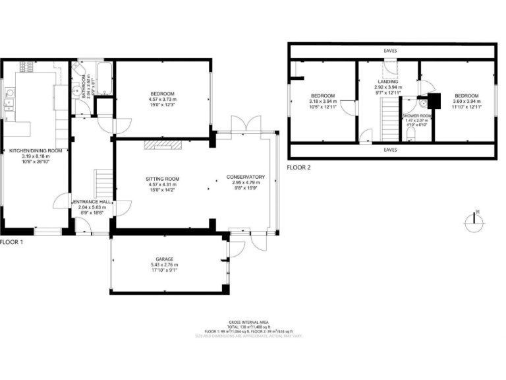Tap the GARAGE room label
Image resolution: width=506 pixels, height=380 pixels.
click(164, 259)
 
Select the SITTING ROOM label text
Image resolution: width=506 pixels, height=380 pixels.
click(163, 179)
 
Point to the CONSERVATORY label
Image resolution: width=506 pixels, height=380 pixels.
click(246, 177)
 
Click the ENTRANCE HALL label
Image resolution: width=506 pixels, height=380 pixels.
click(92, 201)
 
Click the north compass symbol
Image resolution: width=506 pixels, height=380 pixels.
click(474, 222)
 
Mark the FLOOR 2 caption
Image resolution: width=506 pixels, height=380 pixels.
click(298, 168)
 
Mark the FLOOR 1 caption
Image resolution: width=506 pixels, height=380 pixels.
click(11, 242)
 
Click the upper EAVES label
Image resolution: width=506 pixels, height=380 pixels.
click(392, 50)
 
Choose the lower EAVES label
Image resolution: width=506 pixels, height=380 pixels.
click(392, 150)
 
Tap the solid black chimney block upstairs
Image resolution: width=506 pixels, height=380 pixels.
click(433, 101)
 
